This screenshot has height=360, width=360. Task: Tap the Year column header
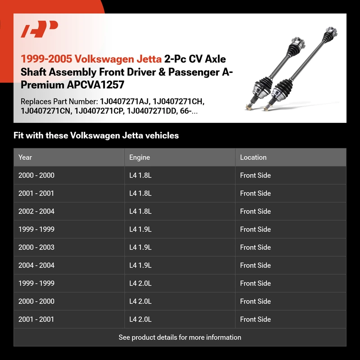tap(25, 157)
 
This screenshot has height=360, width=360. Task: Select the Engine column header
tap(139, 157)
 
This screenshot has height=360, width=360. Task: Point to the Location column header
tap(253, 157)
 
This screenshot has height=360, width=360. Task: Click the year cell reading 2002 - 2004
tap(36, 211)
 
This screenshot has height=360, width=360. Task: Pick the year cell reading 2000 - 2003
tap(36, 247)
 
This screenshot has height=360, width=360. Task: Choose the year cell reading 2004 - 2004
tap(36, 265)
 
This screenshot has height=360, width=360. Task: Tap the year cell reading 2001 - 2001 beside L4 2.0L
tap(36, 319)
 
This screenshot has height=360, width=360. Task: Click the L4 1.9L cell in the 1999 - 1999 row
tap(140, 229)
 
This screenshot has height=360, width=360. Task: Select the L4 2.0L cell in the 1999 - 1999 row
tap(140, 283)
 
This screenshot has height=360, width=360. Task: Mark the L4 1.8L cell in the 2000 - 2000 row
tap(140, 175)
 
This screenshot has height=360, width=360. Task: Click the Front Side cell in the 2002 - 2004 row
tap(255, 211)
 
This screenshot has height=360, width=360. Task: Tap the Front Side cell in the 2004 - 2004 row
tap(255, 265)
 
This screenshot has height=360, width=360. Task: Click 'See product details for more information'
tap(180, 337)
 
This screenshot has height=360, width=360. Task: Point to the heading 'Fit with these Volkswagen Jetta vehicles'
tap(96, 135)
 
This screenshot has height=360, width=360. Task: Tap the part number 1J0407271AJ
tap(120, 102)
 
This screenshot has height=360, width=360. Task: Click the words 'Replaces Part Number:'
tap(58, 102)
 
